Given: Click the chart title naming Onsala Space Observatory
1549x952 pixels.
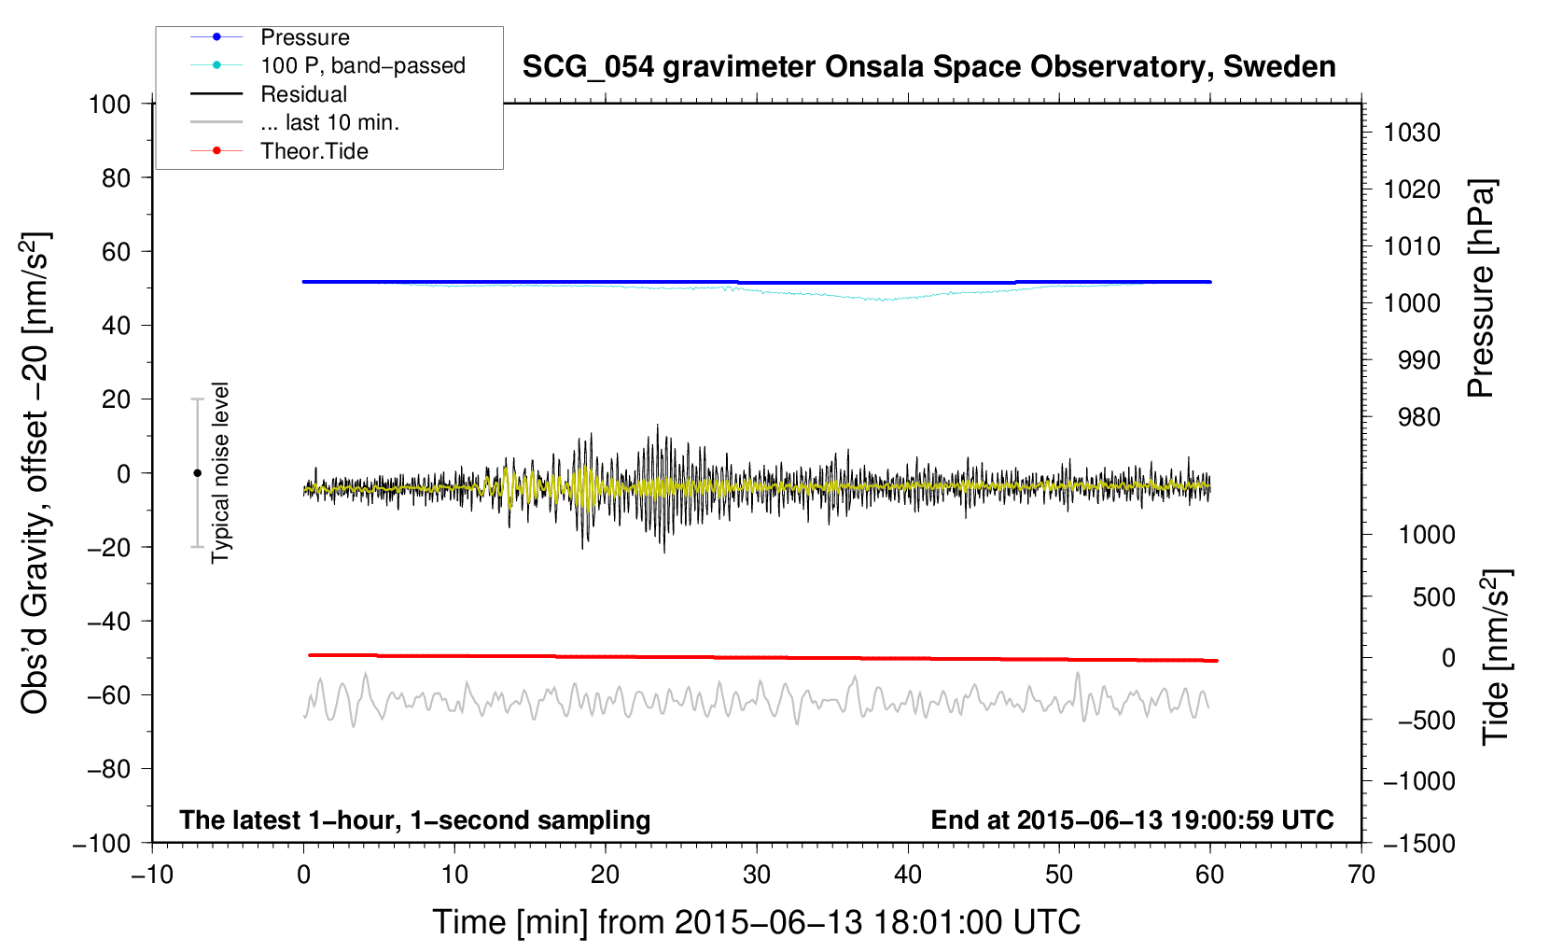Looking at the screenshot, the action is [x=928, y=67].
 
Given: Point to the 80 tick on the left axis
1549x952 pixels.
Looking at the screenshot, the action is [x=116, y=178].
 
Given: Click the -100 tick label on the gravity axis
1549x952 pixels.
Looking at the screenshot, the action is [x=102, y=844].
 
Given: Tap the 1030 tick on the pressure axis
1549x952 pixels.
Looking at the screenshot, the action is [x=1412, y=133].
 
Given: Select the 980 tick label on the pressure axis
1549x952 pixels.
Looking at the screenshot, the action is [x=1419, y=417].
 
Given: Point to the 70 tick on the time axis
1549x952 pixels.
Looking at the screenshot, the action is [x=1361, y=875].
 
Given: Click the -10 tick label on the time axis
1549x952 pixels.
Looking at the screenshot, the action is [x=152, y=875].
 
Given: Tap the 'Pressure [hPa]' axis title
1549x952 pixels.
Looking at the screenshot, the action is [x=1481, y=289].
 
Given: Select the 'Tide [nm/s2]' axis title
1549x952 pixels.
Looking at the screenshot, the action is [x=1496, y=657].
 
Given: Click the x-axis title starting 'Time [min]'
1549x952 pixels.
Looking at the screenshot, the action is [x=757, y=923].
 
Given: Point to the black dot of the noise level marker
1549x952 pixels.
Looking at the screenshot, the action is [x=197, y=473].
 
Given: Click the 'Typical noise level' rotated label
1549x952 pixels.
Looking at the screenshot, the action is [x=220, y=473].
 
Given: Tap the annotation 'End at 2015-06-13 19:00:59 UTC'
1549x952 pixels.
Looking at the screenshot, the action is [x=1132, y=819].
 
